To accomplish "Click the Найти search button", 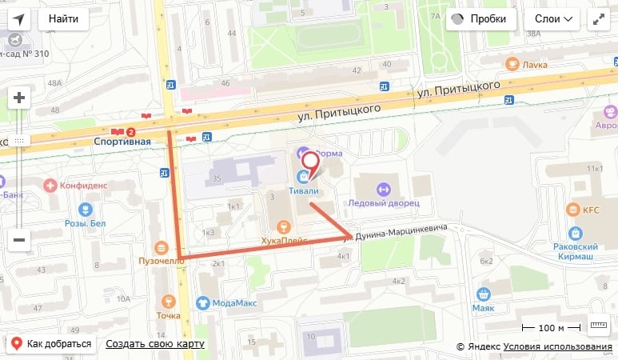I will [x=63, y=18].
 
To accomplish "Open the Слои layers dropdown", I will [x=552, y=18].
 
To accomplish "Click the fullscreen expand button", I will [x=598, y=18].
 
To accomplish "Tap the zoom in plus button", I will [x=19, y=98].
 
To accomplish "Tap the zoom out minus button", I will [x=19, y=238].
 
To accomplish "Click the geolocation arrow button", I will [x=18, y=18].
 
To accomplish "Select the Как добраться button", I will [x=52, y=344].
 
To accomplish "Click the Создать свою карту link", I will [x=154, y=344].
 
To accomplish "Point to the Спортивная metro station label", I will [x=122, y=142].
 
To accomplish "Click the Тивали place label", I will [x=305, y=190].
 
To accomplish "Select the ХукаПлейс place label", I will [x=283, y=240].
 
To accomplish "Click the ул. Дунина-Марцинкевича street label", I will [x=393, y=233].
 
